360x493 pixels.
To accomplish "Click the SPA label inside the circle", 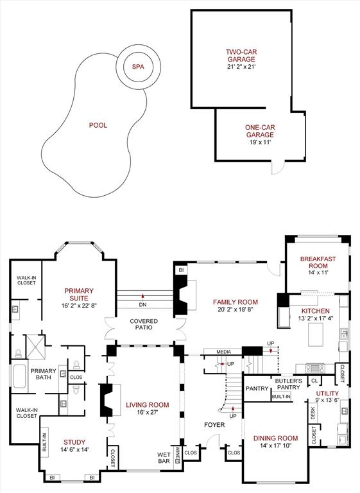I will coord(137,67).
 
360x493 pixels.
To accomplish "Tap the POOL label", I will coord(98,125).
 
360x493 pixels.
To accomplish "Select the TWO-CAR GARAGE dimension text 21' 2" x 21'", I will coord(241,67).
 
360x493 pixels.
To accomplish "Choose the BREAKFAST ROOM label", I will coord(318,263).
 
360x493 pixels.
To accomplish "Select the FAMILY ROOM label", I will coord(237,302).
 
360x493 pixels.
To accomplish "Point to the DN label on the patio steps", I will coord(143,304).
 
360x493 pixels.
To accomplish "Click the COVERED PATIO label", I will coord(144,324).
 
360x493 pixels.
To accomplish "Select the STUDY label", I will coord(74,442).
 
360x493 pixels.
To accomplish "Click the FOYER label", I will coord(214,425).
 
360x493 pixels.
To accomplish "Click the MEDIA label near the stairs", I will coord(223,352).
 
